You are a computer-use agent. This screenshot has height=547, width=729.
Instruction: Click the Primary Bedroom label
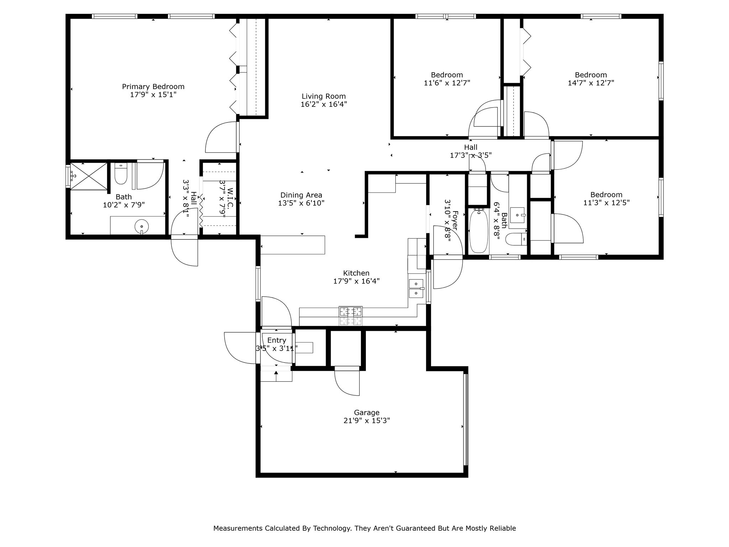(153, 87)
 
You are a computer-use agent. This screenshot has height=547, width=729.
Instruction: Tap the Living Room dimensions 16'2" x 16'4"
(324, 104)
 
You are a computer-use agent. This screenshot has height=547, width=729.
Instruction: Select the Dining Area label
(301, 195)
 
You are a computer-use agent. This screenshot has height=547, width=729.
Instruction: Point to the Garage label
(367, 412)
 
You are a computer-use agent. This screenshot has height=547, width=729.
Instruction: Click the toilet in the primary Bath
(121, 174)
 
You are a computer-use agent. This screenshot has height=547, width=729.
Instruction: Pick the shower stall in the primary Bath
(89, 176)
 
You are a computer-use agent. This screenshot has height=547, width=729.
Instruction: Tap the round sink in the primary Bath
(142, 226)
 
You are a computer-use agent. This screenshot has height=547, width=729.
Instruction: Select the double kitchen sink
(416, 288)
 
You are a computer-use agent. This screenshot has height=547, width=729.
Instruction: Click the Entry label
(277, 340)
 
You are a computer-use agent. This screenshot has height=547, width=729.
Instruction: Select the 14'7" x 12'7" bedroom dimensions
(591, 83)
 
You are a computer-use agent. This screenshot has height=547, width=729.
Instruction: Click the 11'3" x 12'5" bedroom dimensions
(606, 203)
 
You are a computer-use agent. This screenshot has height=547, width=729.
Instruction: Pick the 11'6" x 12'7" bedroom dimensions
(447, 83)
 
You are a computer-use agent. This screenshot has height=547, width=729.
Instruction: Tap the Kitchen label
(356, 273)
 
